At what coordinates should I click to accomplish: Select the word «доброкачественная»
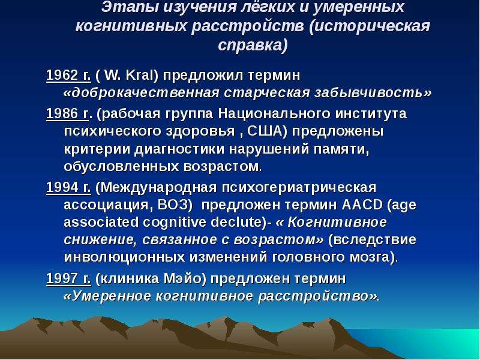pyautogui.click(x=142, y=92)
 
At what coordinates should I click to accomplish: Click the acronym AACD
pyautogui.click(x=362, y=205)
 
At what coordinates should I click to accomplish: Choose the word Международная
pyautogui.click(x=158, y=187)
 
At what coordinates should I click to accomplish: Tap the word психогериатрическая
pyautogui.click(x=299, y=188)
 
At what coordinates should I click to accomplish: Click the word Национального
pyautogui.click(x=274, y=114)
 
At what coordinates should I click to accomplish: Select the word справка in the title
pyautogui.click(x=250, y=46)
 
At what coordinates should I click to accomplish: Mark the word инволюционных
pyautogui.click(x=125, y=257)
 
